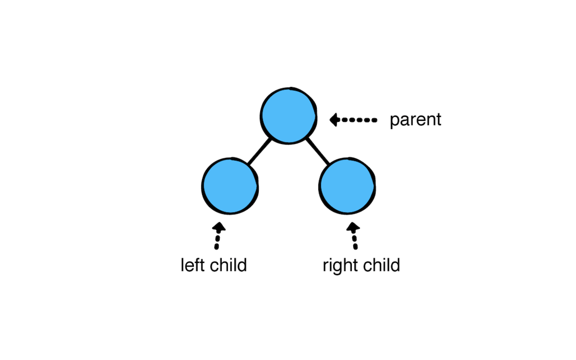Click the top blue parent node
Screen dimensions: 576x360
[289, 116]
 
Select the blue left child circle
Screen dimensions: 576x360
[230, 186]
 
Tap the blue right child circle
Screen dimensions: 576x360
[347, 186]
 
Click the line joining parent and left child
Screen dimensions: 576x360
[259, 151]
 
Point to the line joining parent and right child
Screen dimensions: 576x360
[318, 151]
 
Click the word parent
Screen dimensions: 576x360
[416, 120]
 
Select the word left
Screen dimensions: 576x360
[193, 265]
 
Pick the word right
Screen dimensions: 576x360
[337, 266]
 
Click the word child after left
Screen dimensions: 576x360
[228, 265]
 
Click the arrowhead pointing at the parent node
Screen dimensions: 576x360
[334, 120]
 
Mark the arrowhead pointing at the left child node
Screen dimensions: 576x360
[219, 227]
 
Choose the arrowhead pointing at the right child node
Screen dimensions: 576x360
[353, 227]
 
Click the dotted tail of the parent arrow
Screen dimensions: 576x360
[359, 120]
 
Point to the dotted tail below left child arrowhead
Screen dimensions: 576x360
[217, 241]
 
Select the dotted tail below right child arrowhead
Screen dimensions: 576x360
[354, 241]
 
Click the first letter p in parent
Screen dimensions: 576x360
[395, 121]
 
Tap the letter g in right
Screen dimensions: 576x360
[337, 268]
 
